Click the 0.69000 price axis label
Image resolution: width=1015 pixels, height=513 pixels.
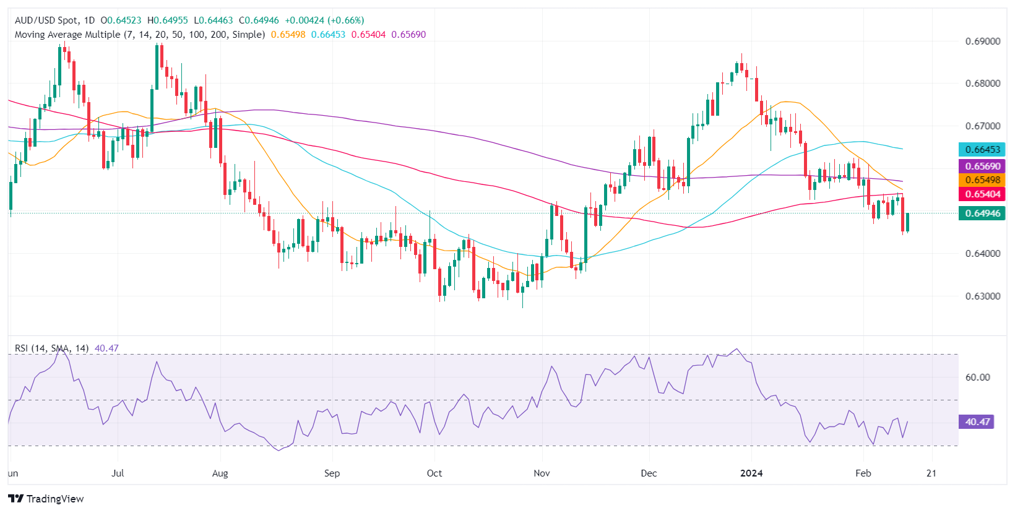pyautogui.click(x=983, y=41)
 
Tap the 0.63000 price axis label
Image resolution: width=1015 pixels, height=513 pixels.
pyautogui.click(x=983, y=296)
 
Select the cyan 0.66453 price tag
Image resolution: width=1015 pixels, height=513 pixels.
pyautogui.click(x=982, y=149)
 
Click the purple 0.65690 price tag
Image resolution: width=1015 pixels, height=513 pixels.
pyautogui.click(x=982, y=166)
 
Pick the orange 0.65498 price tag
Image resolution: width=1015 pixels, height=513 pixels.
pyautogui.click(x=982, y=180)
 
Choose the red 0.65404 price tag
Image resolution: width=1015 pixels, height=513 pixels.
pyautogui.click(x=982, y=194)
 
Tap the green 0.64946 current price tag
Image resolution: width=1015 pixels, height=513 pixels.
pyautogui.click(x=982, y=213)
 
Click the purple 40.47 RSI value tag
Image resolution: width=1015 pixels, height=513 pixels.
pyautogui.click(x=977, y=422)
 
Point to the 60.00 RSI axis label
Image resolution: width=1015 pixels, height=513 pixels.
pyautogui.click(x=977, y=377)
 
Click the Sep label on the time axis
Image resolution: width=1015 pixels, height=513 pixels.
pyautogui.click(x=332, y=473)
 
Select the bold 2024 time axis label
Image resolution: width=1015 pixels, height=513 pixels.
pyautogui.click(x=751, y=473)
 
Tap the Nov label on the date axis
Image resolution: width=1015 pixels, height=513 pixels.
pyautogui.click(x=542, y=473)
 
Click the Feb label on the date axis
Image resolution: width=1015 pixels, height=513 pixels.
pyautogui.click(x=863, y=473)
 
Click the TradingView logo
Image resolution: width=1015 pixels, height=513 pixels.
pyautogui.click(x=46, y=499)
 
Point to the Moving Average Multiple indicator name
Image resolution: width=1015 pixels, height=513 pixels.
pyautogui.click(x=67, y=35)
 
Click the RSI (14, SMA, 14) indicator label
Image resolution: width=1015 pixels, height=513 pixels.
pyautogui.click(x=51, y=348)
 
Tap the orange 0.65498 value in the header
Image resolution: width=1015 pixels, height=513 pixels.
pyautogui.click(x=288, y=35)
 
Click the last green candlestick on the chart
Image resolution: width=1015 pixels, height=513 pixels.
pyautogui.click(x=908, y=222)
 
